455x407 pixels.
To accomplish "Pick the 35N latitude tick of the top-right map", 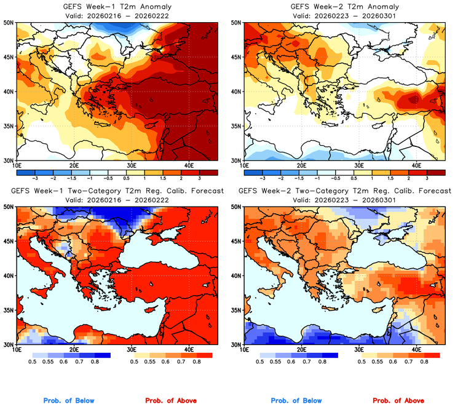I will click(x=235, y=126).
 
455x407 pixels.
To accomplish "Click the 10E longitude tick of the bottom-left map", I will click(x=17, y=350).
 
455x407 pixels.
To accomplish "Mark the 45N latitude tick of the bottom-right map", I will click(x=235, y=241).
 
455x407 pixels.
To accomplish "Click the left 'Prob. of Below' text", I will click(x=69, y=401).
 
